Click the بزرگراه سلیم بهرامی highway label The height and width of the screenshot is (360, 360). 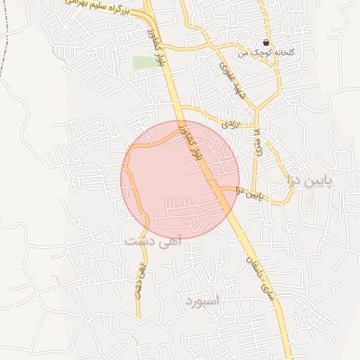coord(92,7)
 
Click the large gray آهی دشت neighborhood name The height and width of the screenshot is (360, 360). coord(153,241)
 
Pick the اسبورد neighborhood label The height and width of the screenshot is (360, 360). coord(205,302)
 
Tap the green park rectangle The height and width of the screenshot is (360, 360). coord(143,63)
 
